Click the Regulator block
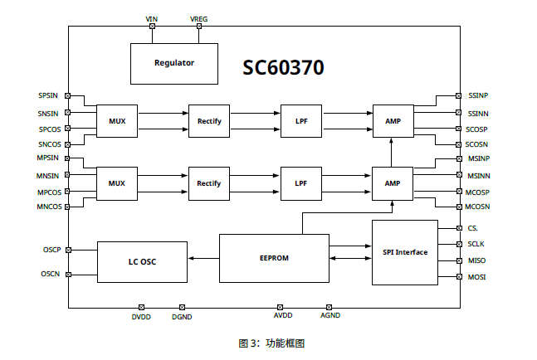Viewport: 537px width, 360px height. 174,63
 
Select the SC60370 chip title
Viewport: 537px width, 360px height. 283,67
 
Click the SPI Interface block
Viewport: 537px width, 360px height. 404,252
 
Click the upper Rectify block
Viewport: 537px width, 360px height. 209,121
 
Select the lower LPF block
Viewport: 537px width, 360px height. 300,182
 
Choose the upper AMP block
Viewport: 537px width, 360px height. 393,121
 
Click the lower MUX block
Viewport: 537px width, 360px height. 117,182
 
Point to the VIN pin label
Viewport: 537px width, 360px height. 151,17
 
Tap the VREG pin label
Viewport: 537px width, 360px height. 199,17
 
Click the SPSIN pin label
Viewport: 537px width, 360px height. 48,96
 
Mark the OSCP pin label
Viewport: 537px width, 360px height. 51,250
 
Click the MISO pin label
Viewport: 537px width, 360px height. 476,260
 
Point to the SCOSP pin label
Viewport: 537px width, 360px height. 476,129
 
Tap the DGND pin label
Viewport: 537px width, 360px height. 182,316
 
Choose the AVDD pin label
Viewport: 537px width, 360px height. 283,316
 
